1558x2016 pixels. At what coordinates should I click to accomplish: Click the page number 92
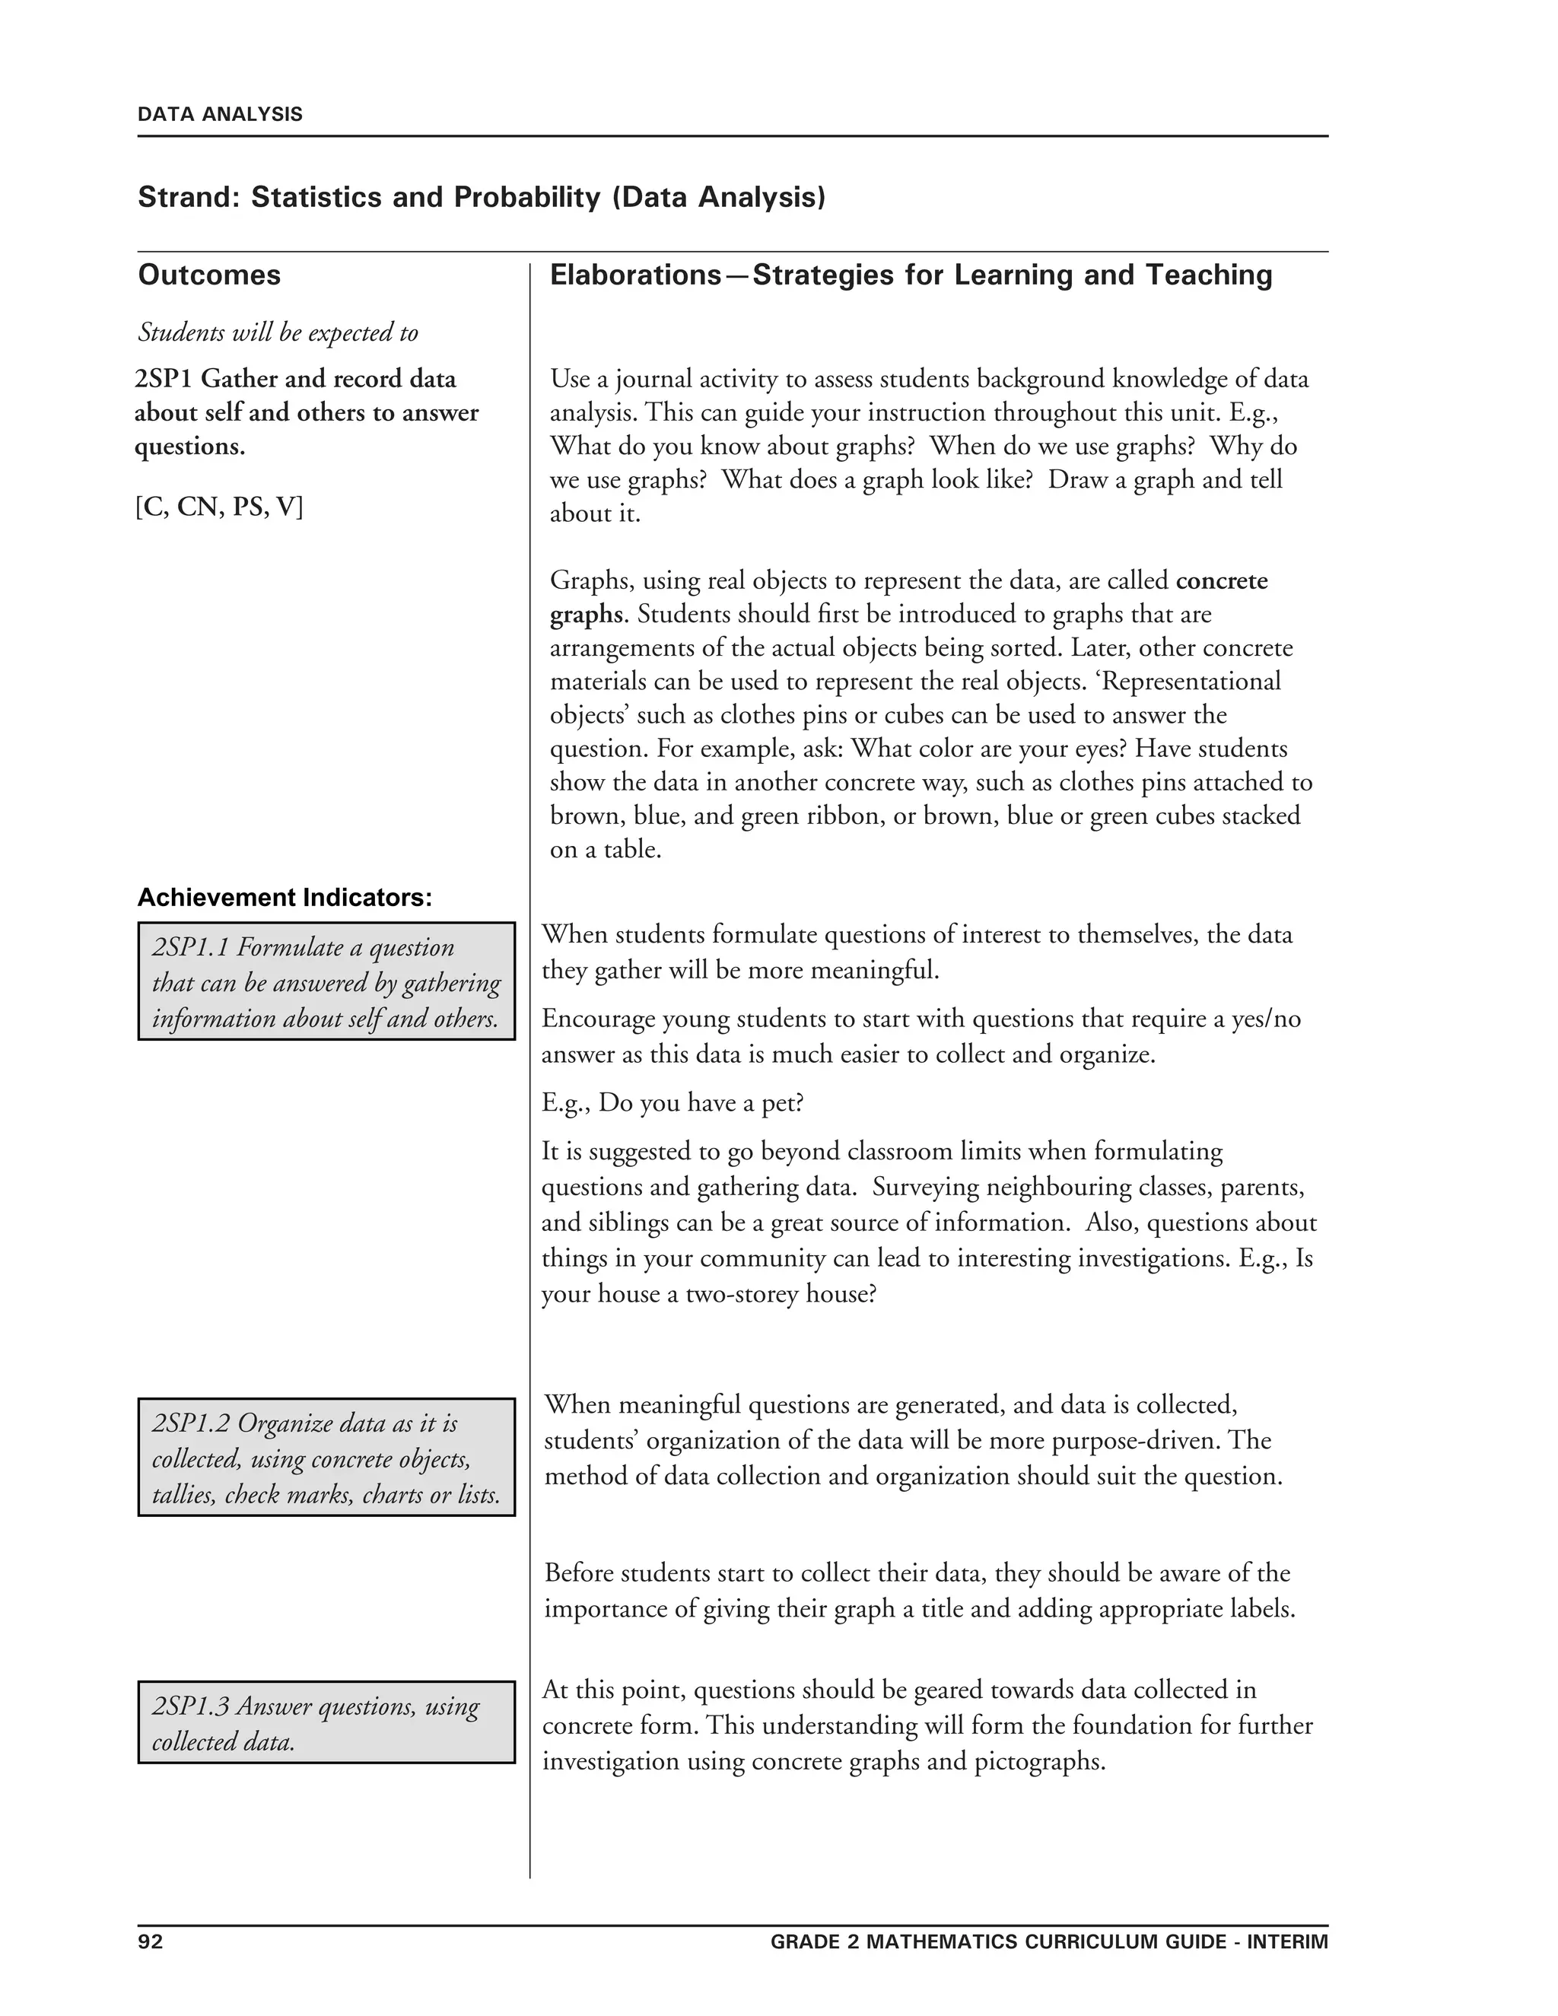coord(151,1941)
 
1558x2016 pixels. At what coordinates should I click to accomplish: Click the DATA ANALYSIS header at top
coord(220,114)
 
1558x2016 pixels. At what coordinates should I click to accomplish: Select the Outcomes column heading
coord(209,275)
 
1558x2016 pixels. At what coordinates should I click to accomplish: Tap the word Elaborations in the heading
coord(635,275)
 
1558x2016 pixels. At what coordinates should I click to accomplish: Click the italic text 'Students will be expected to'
coord(278,332)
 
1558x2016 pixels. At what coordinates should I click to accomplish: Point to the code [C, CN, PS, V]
coord(219,506)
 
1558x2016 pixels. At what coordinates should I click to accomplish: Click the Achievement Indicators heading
coord(285,897)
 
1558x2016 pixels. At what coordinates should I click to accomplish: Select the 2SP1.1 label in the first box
coord(190,947)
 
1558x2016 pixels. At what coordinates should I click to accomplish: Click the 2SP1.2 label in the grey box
coord(191,1423)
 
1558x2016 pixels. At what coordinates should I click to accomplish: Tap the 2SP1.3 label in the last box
coord(190,1706)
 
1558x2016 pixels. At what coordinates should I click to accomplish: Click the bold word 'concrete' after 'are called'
coord(1221,580)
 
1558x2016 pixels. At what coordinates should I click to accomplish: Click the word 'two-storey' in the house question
coord(741,1293)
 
